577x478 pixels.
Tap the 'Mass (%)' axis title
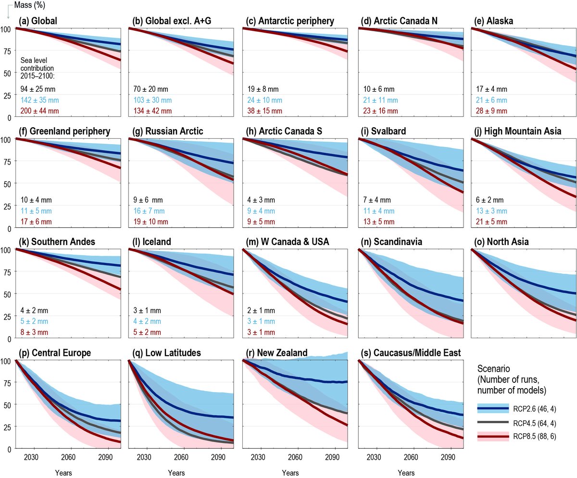pyautogui.click(x=17, y=5)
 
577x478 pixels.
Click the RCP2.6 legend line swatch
pyautogui.click(x=493, y=409)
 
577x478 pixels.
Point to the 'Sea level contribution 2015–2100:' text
pyautogui.click(x=38, y=69)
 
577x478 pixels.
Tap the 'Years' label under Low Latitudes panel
pyautogui.click(x=176, y=473)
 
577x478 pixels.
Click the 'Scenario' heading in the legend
pyautogui.click(x=493, y=369)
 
